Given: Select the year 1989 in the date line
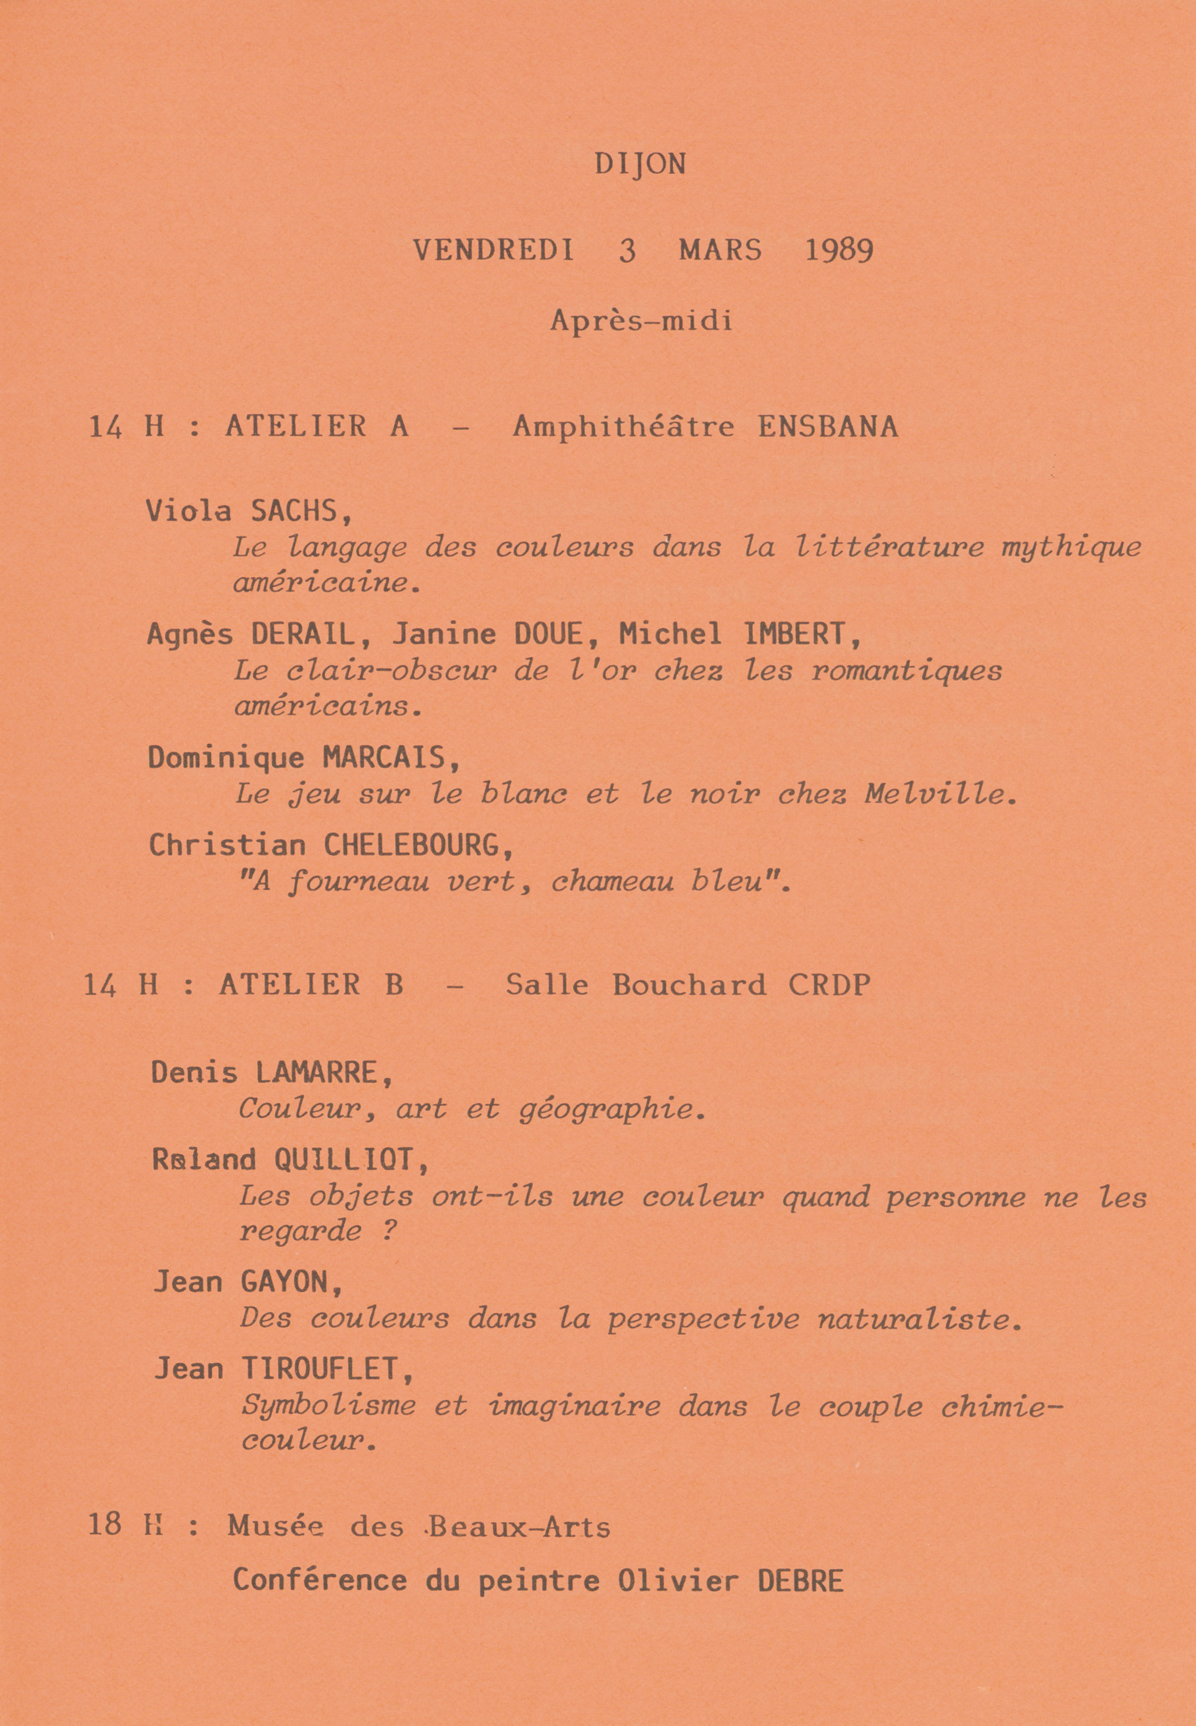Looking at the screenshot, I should click(x=839, y=250).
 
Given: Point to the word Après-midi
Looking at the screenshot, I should click(x=641, y=321).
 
